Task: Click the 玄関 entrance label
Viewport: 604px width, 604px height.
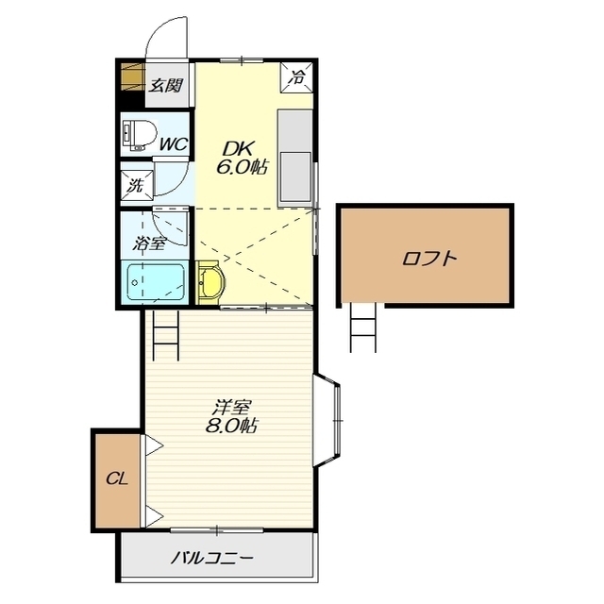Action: coord(166,85)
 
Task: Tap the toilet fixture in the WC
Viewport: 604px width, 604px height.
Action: coord(139,135)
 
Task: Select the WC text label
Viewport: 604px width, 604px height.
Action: coord(174,144)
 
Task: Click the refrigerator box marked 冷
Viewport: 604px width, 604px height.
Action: coord(296,77)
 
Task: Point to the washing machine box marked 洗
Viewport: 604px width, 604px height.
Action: coord(137,186)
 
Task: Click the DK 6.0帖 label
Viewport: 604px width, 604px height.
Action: coord(242,158)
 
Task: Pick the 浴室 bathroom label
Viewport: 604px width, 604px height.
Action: coord(149,243)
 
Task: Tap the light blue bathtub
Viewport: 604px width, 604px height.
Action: coord(156,281)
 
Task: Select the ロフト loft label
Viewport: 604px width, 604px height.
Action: coord(428,258)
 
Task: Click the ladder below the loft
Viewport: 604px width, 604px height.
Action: coord(362,327)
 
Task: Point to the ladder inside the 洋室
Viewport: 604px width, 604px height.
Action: coord(166,335)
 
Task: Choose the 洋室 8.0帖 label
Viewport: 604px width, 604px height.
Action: coord(231,416)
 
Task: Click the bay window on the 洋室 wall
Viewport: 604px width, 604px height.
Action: coord(327,420)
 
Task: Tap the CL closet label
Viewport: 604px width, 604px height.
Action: coord(117,479)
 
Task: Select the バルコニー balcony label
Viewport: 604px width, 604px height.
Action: coord(212,558)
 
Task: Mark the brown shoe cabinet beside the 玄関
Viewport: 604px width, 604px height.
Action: coord(133,76)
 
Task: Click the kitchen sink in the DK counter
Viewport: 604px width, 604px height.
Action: coord(295,176)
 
